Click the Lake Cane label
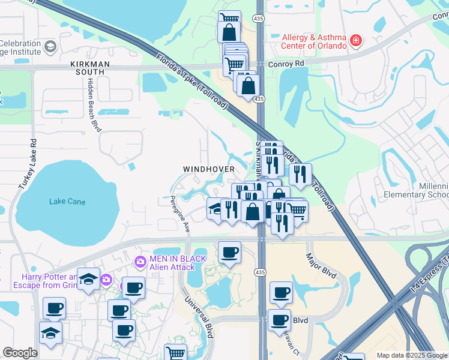point(67,202)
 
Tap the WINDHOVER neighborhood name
point(209,170)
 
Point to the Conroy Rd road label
point(287,63)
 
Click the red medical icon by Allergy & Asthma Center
point(357,41)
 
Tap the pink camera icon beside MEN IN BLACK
point(140,262)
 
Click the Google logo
point(20,353)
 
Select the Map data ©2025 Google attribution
point(411,355)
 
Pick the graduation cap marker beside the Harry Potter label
point(88,280)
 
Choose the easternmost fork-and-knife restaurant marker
point(301,175)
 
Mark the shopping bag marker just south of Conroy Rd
point(248,86)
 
